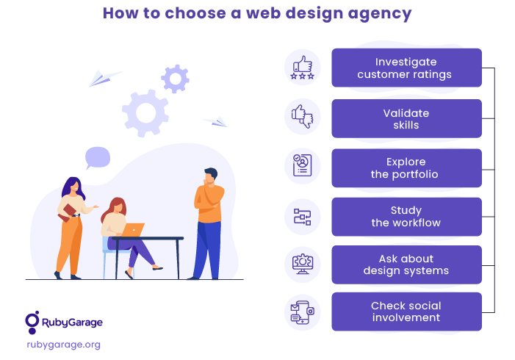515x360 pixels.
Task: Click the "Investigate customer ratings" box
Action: pyautogui.click(x=406, y=68)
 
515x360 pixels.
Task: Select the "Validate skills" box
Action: pyautogui.click(x=406, y=118)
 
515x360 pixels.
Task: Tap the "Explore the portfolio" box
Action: pyautogui.click(x=406, y=168)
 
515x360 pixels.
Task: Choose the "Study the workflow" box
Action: pyautogui.click(x=406, y=217)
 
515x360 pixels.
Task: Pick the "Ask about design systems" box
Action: pyautogui.click(x=406, y=264)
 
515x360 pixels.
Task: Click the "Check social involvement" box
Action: pyautogui.click(x=406, y=312)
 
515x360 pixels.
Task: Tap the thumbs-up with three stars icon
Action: pyautogui.click(x=303, y=68)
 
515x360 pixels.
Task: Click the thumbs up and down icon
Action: pyautogui.click(x=303, y=117)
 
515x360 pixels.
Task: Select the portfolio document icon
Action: pyautogui.click(x=303, y=165)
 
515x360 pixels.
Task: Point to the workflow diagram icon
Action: pyautogui.click(x=303, y=217)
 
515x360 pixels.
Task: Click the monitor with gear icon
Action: pyautogui.click(x=303, y=264)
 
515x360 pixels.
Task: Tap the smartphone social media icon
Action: pyautogui.click(x=303, y=313)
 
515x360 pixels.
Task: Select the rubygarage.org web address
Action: pyautogui.click(x=64, y=345)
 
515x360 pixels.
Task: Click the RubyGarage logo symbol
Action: pyautogui.click(x=32, y=323)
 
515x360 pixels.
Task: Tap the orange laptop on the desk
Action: pyautogui.click(x=133, y=230)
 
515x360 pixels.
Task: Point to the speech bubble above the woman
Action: pyautogui.click(x=97, y=158)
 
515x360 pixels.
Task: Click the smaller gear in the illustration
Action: pyautogui.click(x=175, y=79)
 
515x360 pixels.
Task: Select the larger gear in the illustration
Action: pyautogui.click(x=145, y=113)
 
